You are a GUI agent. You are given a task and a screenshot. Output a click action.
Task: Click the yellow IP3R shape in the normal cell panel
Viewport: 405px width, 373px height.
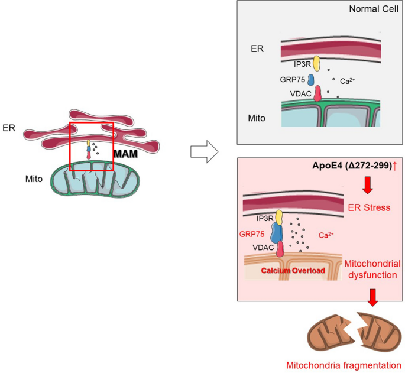click(316, 62)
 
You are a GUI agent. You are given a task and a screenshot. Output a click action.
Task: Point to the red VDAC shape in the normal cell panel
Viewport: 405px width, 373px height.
click(317, 93)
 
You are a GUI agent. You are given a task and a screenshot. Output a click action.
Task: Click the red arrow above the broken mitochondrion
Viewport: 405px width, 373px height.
click(372, 297)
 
